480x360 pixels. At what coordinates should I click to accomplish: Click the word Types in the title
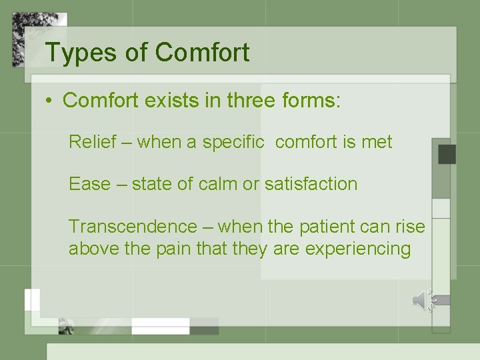(x=72, y=53)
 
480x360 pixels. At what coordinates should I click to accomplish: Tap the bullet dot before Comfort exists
(x=49, y=101)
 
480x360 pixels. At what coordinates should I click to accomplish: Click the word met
(x=377, y=142)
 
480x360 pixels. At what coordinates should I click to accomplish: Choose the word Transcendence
(x=133, y=227)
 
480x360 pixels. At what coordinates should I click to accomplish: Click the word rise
(x=410, y=227)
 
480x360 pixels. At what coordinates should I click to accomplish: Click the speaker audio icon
(x=423, y=301)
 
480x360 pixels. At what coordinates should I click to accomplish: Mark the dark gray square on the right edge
(x=446, y=154)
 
